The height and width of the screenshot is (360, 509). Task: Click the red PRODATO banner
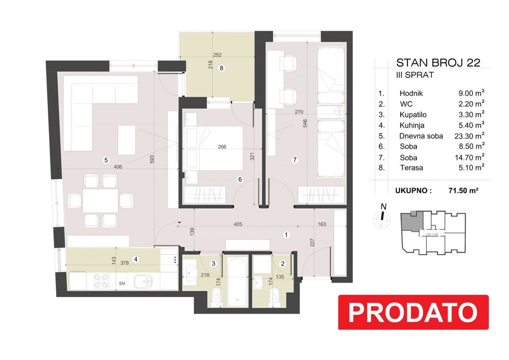[413, 312]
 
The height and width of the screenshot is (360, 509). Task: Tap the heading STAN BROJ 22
[438, 63]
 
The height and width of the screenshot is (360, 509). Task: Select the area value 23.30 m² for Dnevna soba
[469, 136]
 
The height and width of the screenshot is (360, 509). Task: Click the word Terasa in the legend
[411, 168]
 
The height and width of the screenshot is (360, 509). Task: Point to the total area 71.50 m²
[463, 190]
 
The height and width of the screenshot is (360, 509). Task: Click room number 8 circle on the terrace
[221, 68]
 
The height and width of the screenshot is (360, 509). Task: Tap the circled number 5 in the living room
[106, 160]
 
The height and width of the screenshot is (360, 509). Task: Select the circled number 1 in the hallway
[286, 234]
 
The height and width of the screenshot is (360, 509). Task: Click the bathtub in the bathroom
[237, 281]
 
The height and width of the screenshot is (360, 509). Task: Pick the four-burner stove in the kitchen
[101, 281]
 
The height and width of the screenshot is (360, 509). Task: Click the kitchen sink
[143, 281]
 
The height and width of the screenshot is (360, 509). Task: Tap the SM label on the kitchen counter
[122, 283]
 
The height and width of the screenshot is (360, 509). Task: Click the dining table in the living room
[100, 200]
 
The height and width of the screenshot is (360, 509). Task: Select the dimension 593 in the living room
[152, 159]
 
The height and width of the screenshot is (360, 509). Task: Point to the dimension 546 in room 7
[305, 123]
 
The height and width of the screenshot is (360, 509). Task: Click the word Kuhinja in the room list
[411, 125]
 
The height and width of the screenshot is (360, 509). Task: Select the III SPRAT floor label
[415, 75]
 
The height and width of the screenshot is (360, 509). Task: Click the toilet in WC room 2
[275, 296]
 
